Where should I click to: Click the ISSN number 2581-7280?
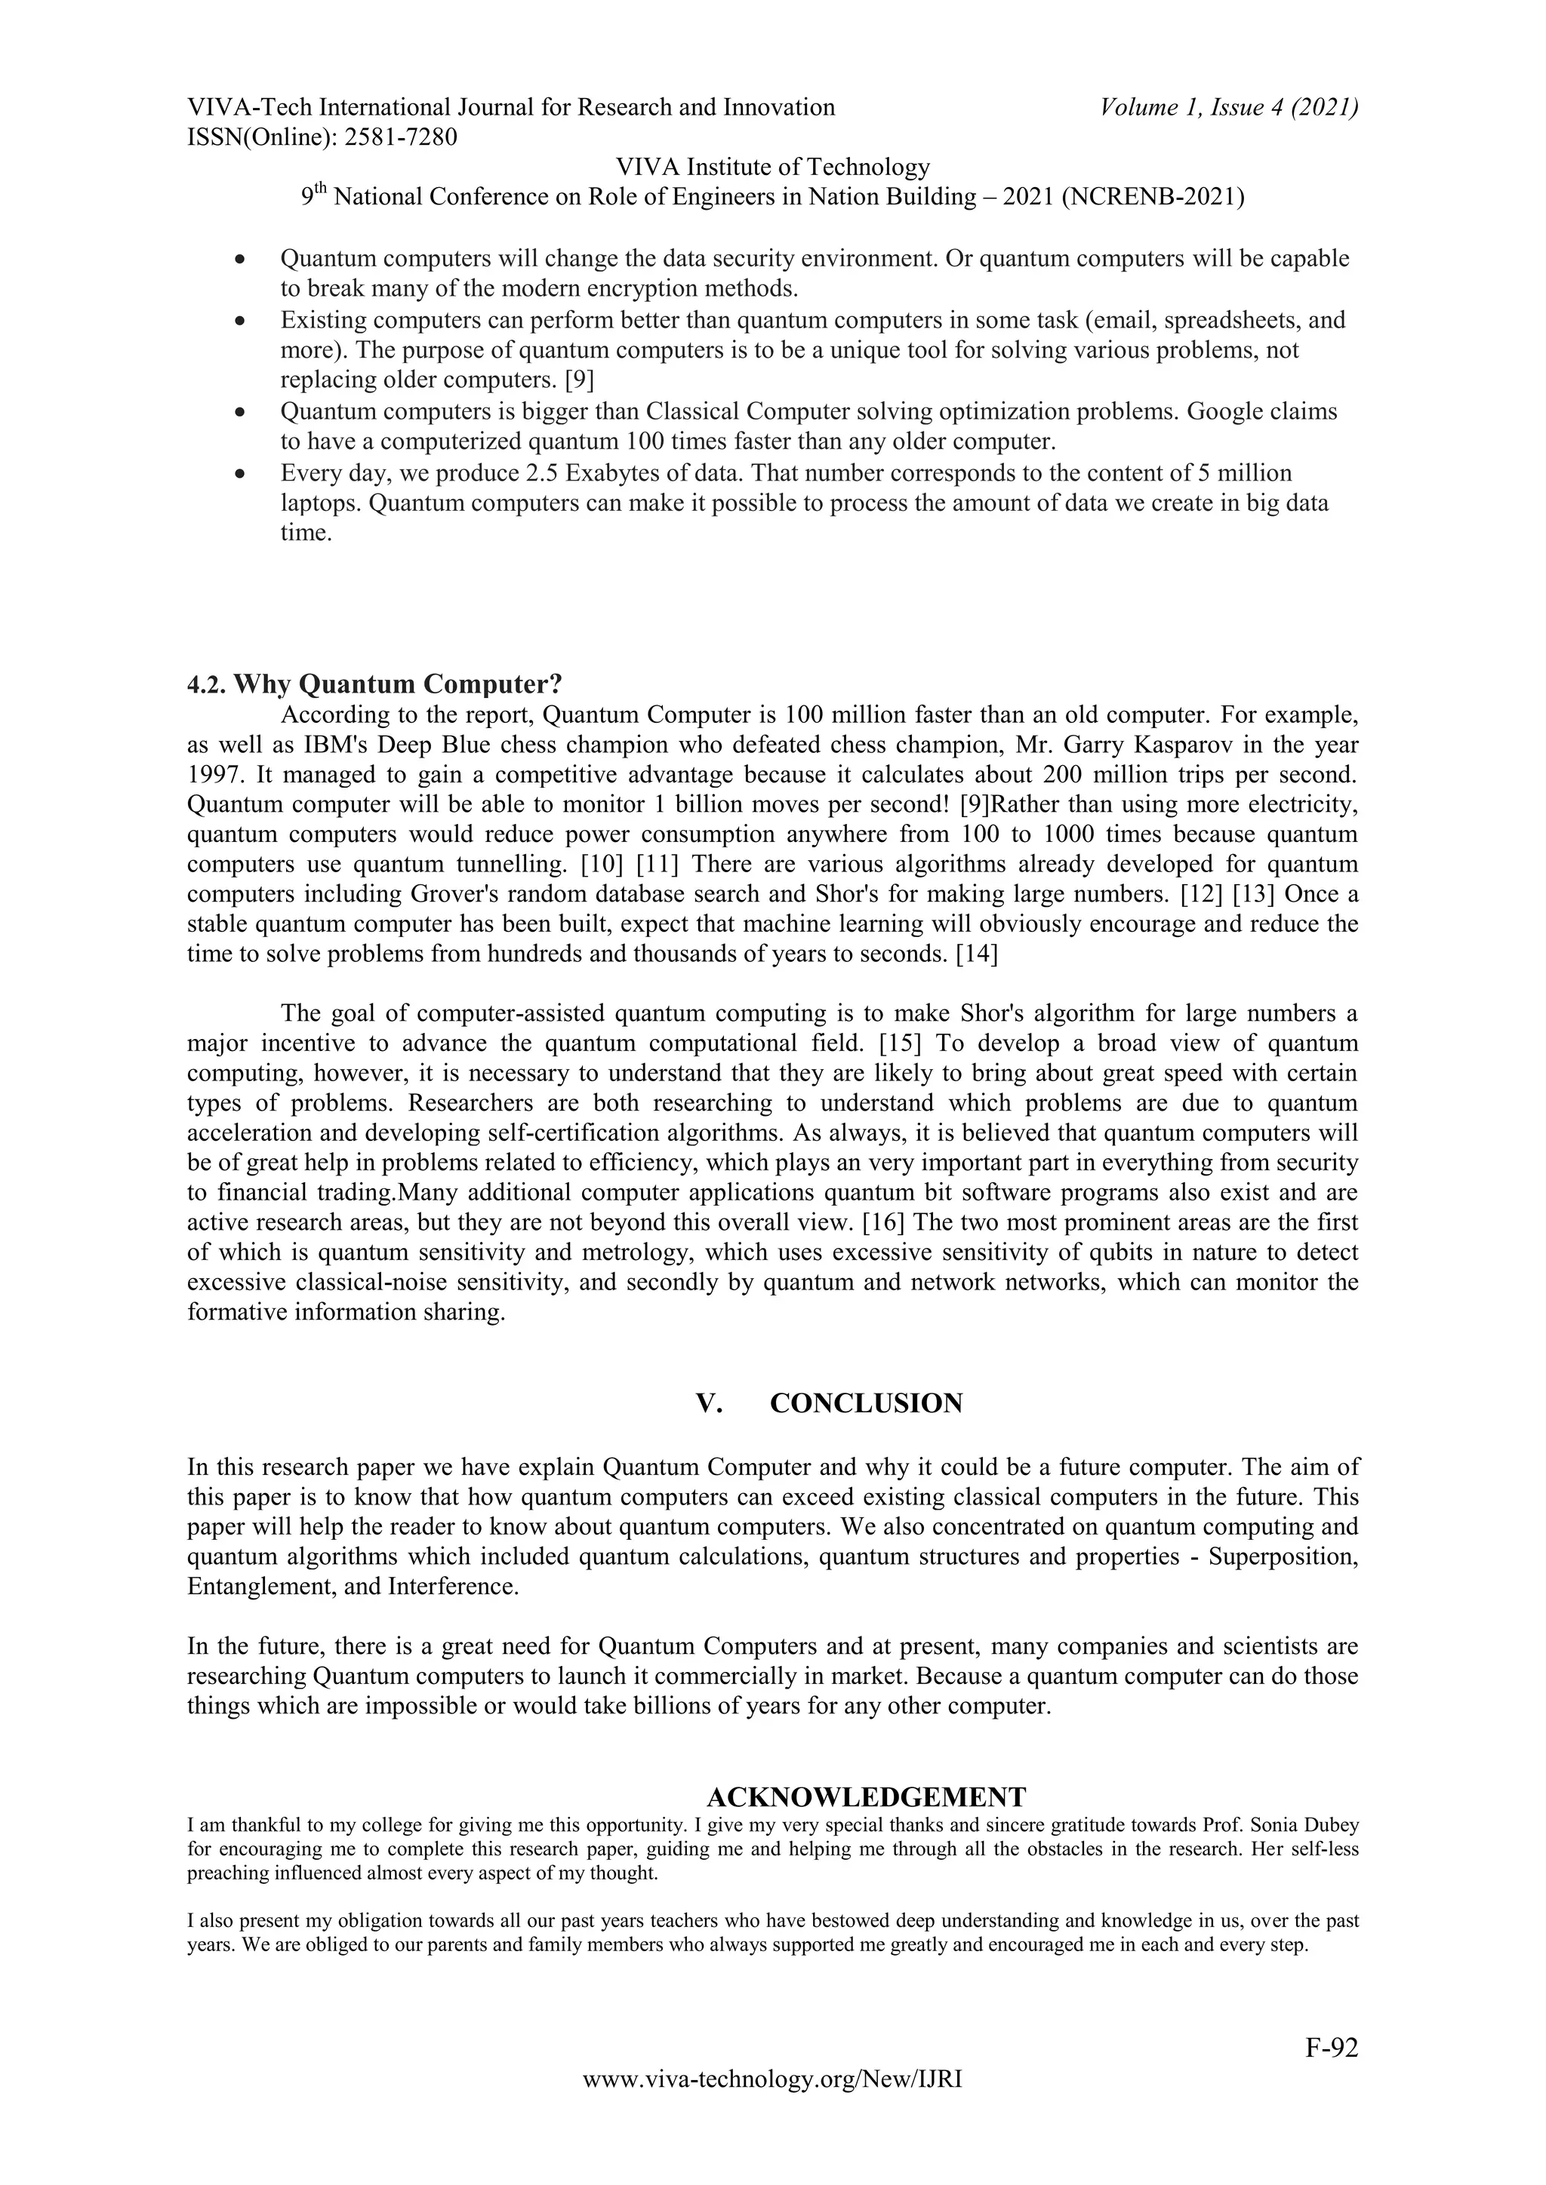[400, 138]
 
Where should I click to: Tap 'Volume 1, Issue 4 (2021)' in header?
[1228, 108]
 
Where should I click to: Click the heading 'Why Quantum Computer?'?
[398, 684]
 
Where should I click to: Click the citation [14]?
[977, 954]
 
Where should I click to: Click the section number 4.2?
[207, 684]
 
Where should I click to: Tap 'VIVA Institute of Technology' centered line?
[772, 167]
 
